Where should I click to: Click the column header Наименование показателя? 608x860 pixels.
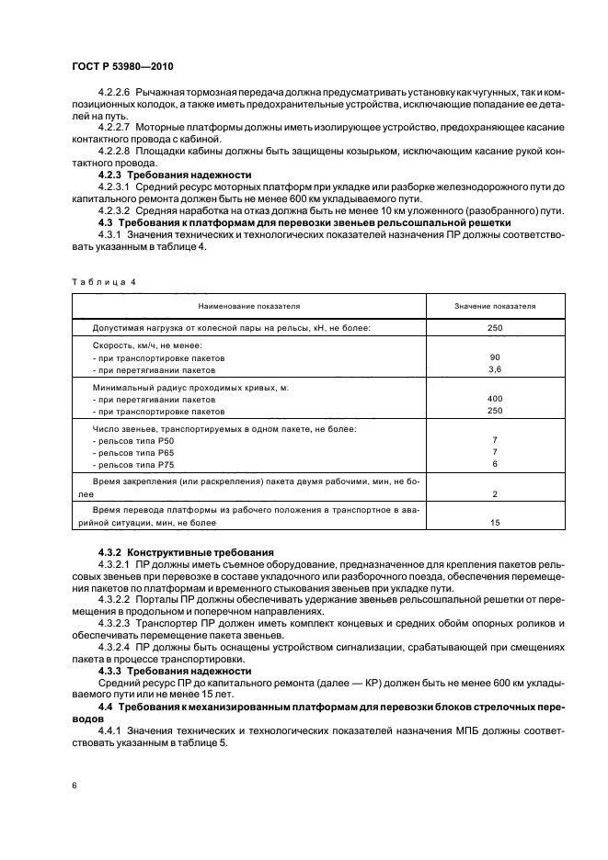(x=247, y=305)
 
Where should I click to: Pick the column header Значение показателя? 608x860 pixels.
(x=495, y=305)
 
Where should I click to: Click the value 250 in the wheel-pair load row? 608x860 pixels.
(x=495, y=326)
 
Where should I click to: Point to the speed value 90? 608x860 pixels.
(x=495, y=356)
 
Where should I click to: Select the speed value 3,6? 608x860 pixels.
(x=495, y=369)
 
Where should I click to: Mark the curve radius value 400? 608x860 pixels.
(x=495, y=400)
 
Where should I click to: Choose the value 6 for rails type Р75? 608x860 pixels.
(x=495, y=464)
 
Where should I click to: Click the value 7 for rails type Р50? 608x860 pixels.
(x=495, y=440)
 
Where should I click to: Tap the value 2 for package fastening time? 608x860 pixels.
(x=495, y=493)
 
